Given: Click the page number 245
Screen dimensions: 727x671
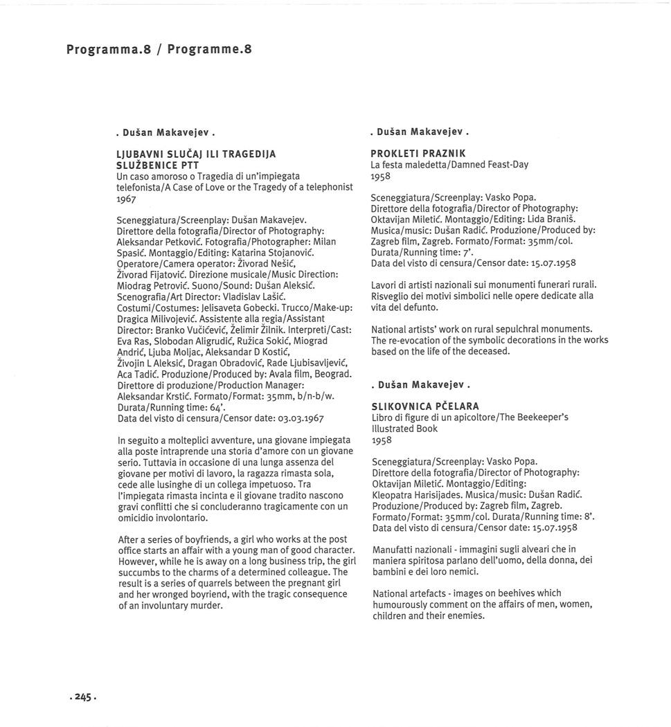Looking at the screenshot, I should [83, 698].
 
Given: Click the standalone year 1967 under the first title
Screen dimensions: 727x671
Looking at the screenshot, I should [127, 199].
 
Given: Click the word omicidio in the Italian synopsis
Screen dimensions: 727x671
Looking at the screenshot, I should [136, 517].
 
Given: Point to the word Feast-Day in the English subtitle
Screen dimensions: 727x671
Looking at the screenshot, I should [506, 165].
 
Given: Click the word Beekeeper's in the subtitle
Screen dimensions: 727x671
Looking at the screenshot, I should [544, 418].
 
